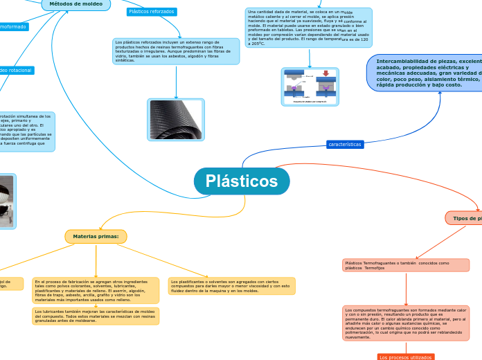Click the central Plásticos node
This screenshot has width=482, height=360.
point(242,181)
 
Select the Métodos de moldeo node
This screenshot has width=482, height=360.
point(75,4)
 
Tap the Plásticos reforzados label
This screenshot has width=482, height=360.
point(152,12)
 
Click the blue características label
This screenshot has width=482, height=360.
point(345,145)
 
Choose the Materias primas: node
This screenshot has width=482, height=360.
point(96,237)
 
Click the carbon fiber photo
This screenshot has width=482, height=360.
point(176,120)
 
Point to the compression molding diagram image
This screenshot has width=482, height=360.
point(310,87)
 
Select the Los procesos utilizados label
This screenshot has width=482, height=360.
point(406,357)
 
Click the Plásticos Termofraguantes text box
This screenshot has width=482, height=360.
point(405,265)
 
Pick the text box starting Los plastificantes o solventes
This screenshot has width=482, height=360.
point(231,286)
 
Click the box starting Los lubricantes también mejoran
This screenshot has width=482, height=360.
point(96,316)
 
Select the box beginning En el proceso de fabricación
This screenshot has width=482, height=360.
point(96,290)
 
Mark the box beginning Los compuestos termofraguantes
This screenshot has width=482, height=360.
point(405,323)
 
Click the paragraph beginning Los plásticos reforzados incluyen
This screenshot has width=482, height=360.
point(176,51)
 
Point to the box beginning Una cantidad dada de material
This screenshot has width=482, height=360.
point(308,28)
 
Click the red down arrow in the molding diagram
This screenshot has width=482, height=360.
point(325,72)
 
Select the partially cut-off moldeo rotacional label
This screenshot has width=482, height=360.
point(16,70)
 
